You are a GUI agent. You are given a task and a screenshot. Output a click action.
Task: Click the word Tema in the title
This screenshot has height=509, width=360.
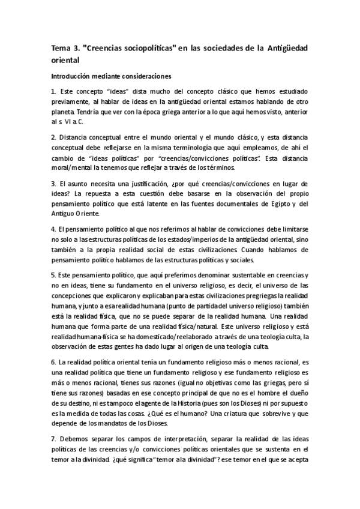[60, 49]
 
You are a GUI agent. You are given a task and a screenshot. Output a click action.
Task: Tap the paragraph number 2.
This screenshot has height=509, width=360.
[53, 137]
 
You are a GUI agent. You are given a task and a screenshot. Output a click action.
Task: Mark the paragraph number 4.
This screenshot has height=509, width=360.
[53, 229]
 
